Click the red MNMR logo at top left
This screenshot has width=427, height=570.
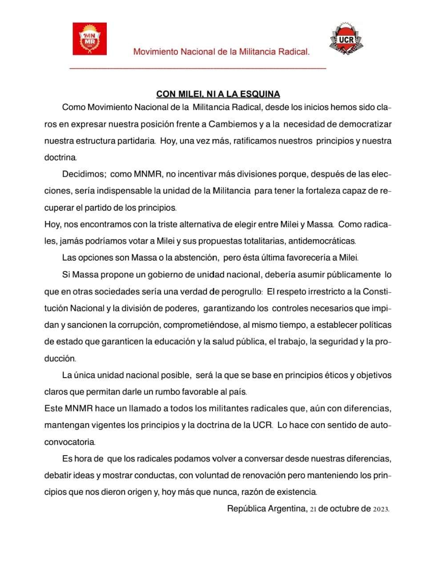point(89,39)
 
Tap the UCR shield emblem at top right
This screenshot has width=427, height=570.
point(346,39)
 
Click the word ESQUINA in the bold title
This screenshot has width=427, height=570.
point(260,94)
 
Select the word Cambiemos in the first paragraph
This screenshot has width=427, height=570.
point(233,124)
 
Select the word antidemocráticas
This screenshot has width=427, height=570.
point(322,241)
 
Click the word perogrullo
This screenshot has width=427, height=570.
point(242,292)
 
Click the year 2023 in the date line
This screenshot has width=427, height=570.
point(381,509)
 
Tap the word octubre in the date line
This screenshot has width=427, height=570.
point(345,509)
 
